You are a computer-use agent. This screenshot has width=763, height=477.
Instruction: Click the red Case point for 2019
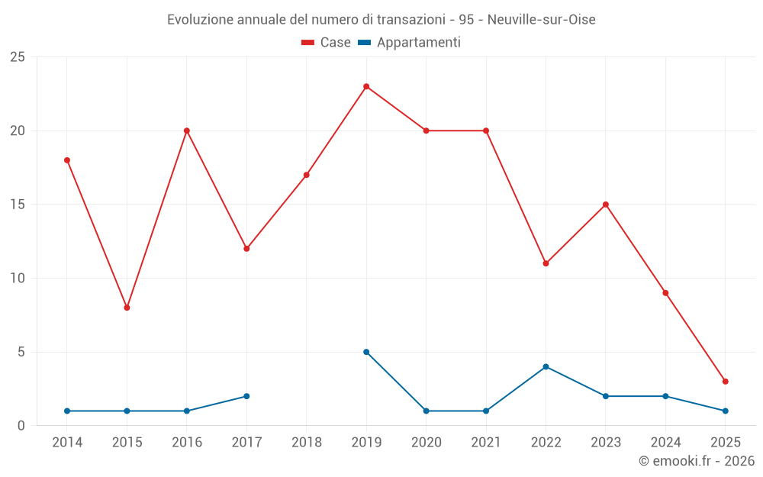366,86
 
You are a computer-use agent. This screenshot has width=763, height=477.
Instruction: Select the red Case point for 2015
127,308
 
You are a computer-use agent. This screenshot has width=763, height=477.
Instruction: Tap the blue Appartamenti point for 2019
366,352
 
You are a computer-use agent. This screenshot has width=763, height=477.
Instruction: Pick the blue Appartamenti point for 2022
546,366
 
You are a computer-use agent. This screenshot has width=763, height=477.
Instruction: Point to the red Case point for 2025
725,382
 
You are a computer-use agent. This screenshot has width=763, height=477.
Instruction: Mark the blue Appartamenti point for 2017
246,396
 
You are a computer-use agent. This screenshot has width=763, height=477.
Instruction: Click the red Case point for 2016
187,131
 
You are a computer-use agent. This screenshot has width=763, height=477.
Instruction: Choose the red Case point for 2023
606,205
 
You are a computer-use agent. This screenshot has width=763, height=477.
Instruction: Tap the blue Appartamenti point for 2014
67,411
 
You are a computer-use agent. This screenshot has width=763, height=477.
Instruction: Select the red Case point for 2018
307,175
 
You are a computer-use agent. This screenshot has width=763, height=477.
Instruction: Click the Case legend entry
327,43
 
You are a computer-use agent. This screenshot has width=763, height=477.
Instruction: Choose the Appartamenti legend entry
410,43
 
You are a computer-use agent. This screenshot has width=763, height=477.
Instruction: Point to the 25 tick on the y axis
18,57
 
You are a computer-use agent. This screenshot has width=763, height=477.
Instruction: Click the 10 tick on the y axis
18,279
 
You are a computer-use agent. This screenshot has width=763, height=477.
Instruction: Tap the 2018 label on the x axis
307,442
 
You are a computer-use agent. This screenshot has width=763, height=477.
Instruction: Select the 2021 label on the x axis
486,442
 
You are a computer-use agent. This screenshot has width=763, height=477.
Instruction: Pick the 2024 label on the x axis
665,442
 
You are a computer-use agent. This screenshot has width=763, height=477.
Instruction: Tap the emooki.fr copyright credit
697,461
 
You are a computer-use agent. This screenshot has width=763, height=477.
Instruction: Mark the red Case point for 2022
546,263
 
